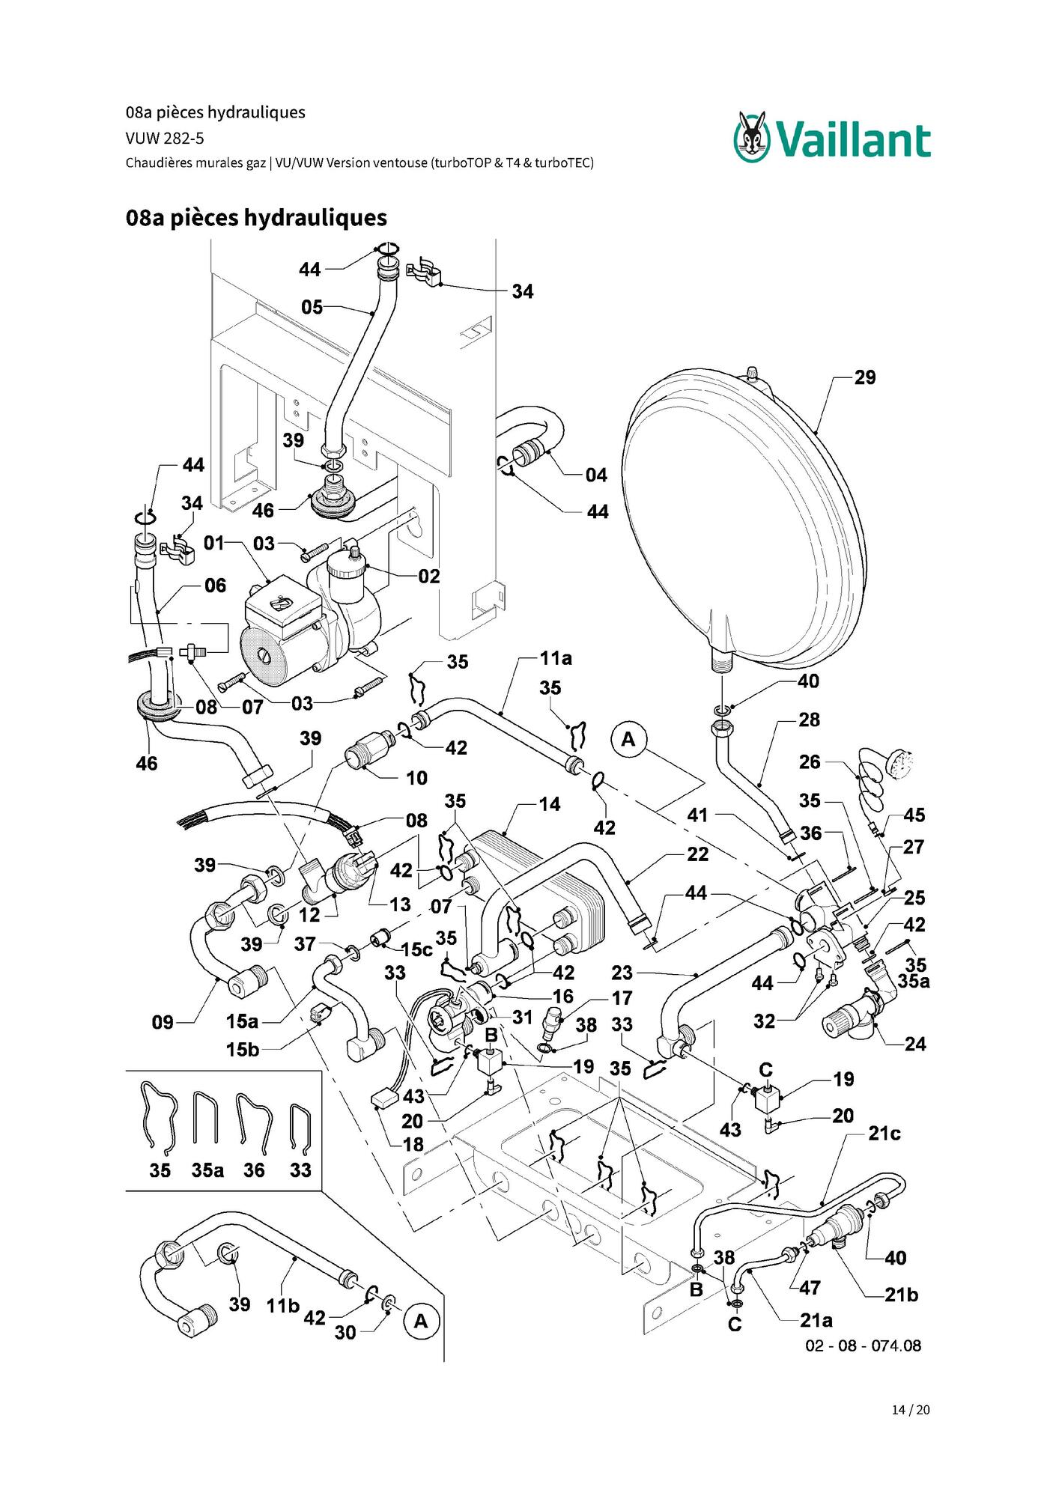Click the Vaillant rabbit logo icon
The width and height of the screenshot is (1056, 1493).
[752, 136]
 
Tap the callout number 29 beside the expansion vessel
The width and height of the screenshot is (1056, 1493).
[865, 377]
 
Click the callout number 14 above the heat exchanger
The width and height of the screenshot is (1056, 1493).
[550, 804]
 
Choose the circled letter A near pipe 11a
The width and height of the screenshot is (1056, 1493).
[628, 740]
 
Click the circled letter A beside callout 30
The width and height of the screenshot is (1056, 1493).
[421, 1322]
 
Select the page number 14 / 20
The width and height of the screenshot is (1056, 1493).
[911, 1410]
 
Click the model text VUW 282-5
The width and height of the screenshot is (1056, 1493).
[165, 139]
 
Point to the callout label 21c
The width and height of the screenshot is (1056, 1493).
[884, 1134]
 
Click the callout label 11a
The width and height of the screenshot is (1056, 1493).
[556, 658]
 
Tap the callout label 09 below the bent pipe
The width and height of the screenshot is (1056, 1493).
[163, 1023]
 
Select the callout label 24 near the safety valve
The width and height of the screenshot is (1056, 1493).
[915, 1044]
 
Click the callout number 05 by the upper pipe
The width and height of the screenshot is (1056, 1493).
[312, 307]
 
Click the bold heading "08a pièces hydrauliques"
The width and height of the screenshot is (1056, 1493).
[256, 218]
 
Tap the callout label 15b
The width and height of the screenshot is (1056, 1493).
[243, 1050]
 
